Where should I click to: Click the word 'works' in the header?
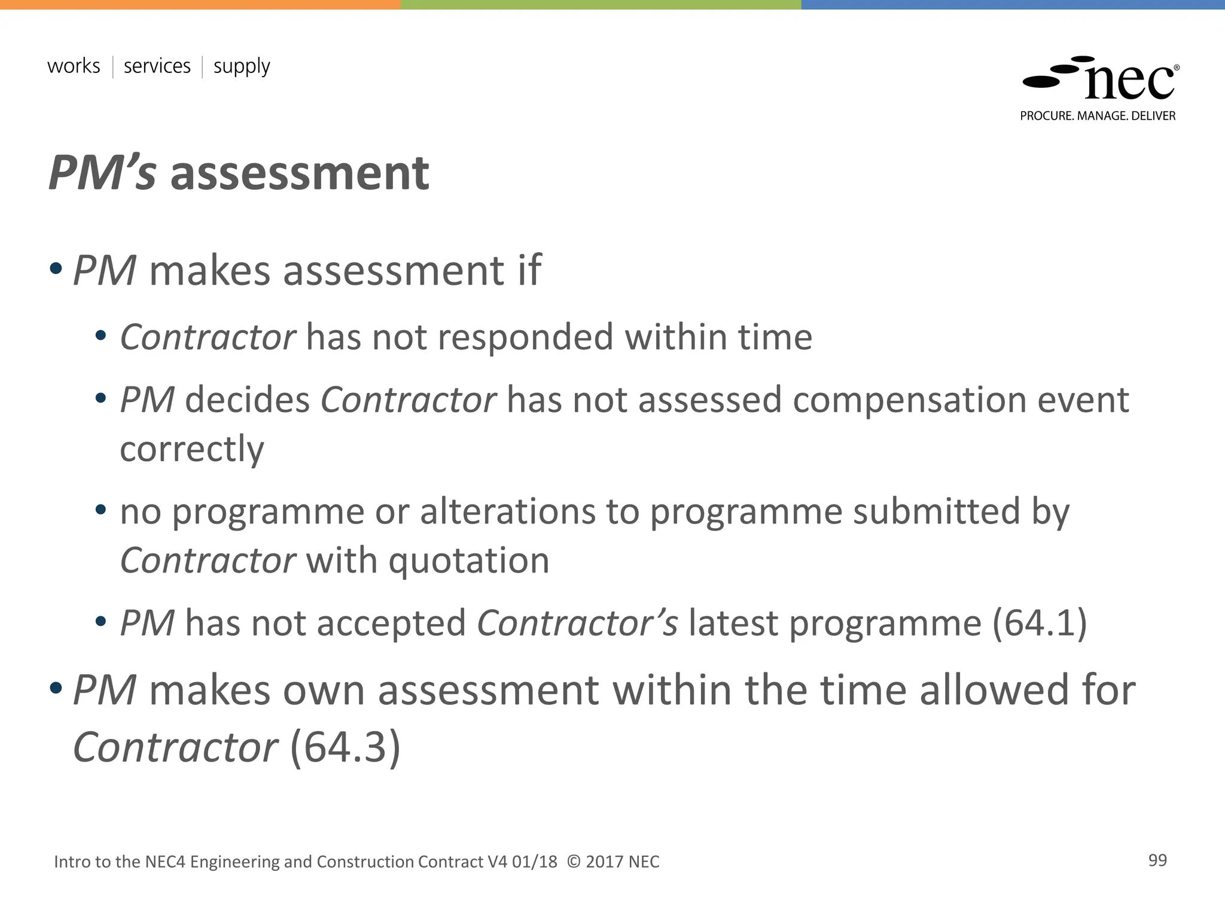(74, 66)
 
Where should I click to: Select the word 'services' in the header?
(157, 66)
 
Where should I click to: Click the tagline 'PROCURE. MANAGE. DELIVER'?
(1098, 116)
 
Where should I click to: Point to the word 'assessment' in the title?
(299, 173)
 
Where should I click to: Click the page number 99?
(1157, 860)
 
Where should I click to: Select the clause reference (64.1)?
(1040, 623)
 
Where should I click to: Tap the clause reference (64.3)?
(345, 747)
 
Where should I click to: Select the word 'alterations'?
(508, 512)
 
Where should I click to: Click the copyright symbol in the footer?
(573, 862)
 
